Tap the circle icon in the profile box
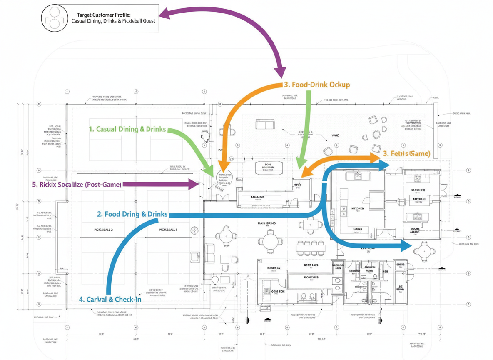[x=54, y=18]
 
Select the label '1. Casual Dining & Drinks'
[x=127, y=129]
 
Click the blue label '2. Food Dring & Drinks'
[x=132, y=214]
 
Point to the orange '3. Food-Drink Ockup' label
[x=317, y=85]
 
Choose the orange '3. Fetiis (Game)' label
[x=406, y=153]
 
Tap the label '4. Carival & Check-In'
[x=110, y=299]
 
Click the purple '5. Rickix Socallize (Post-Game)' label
[x=77, y=184]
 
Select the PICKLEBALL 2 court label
[x=104, y=230]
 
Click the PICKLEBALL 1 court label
[x=168, y=230]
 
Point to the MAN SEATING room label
[x=266, y=224]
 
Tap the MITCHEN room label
[x=358, y=208]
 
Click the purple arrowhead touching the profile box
[x=164, y=13]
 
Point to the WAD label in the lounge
[x=336, y=135]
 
